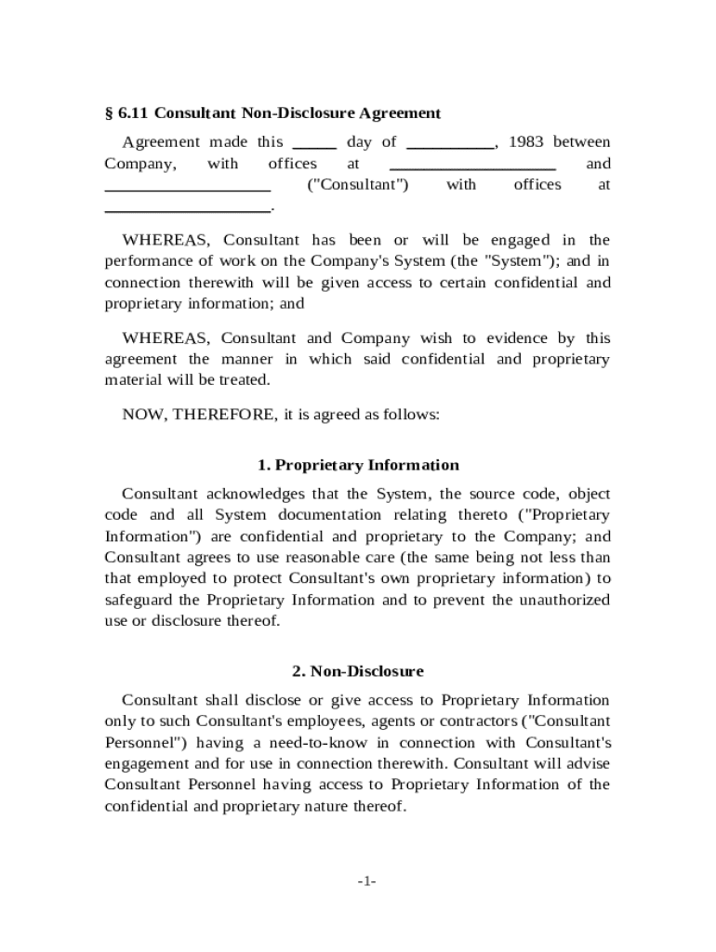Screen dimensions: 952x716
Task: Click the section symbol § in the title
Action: pos(108,113)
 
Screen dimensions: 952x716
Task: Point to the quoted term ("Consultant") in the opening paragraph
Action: pos(357,185)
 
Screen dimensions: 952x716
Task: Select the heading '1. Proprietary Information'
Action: pos(358,465)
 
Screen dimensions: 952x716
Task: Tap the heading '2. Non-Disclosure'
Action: pos(358,671)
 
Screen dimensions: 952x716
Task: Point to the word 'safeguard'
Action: pos(138,600)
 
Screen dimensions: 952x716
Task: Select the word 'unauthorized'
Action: pos(564,600)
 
